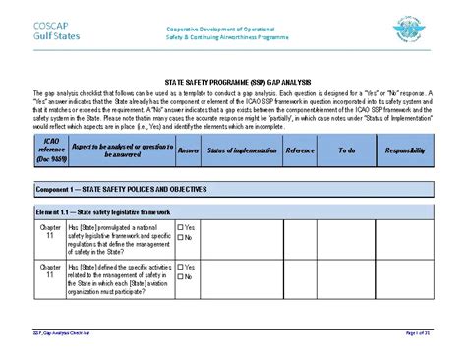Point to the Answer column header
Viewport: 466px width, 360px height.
[x=188, y=150]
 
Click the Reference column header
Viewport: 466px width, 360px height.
[x=299, y=150]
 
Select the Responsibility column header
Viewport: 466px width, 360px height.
[x=405, y=150]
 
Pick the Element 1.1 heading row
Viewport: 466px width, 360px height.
[x=117, y=211]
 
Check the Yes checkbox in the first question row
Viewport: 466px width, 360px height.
[x=181, y=227]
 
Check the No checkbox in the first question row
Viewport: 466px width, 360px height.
[x=181, y=237]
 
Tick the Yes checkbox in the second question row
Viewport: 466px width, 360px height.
[x=181, y=266]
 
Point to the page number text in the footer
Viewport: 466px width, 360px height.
[x=419, y=333]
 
